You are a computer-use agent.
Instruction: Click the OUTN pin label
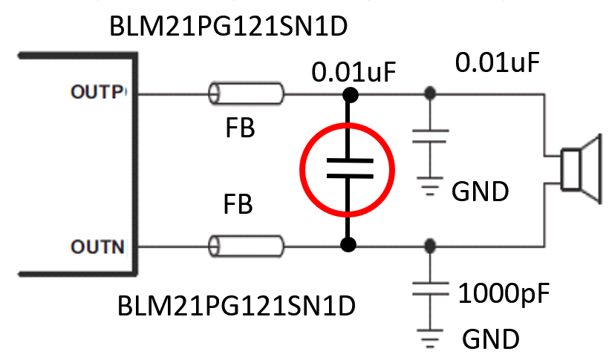click(x=98, y=246)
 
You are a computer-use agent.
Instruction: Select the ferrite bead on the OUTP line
click(x=246, y=94)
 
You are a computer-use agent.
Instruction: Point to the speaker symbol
click(x=579, y=168)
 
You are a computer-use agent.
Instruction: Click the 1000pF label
click(x=504, y=294)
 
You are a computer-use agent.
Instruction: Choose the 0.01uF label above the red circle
click(x=354, y=73)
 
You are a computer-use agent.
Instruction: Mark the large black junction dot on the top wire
click(x=347, y=94)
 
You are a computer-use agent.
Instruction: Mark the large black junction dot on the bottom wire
click(x=347, y=243)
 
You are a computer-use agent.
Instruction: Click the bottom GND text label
click(x=490, y=340)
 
